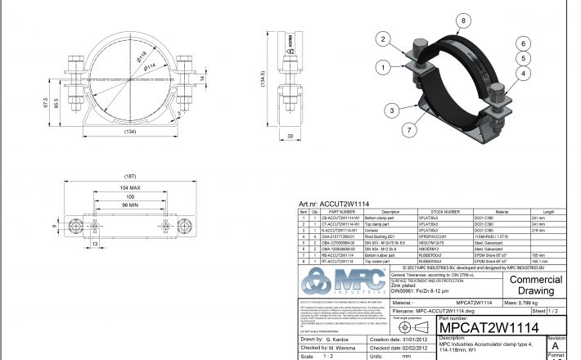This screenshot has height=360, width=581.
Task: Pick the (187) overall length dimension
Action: click(130, 175)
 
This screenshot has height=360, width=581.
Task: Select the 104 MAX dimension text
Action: click(130, 188)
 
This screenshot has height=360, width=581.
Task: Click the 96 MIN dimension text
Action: click(130, 203)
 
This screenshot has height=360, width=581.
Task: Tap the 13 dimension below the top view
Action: click(72, 243)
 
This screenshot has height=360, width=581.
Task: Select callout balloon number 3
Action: click(394, 109)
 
